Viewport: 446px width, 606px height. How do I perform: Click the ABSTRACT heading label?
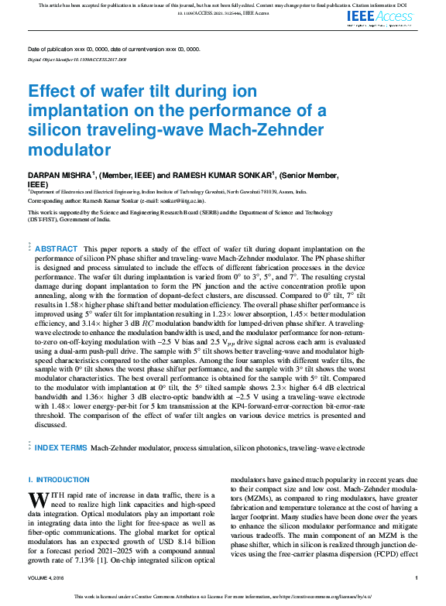pos(57,248)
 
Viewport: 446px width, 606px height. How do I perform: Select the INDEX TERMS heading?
pos(61,448)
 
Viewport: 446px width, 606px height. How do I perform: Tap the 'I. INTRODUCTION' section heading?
pos(59,480)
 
